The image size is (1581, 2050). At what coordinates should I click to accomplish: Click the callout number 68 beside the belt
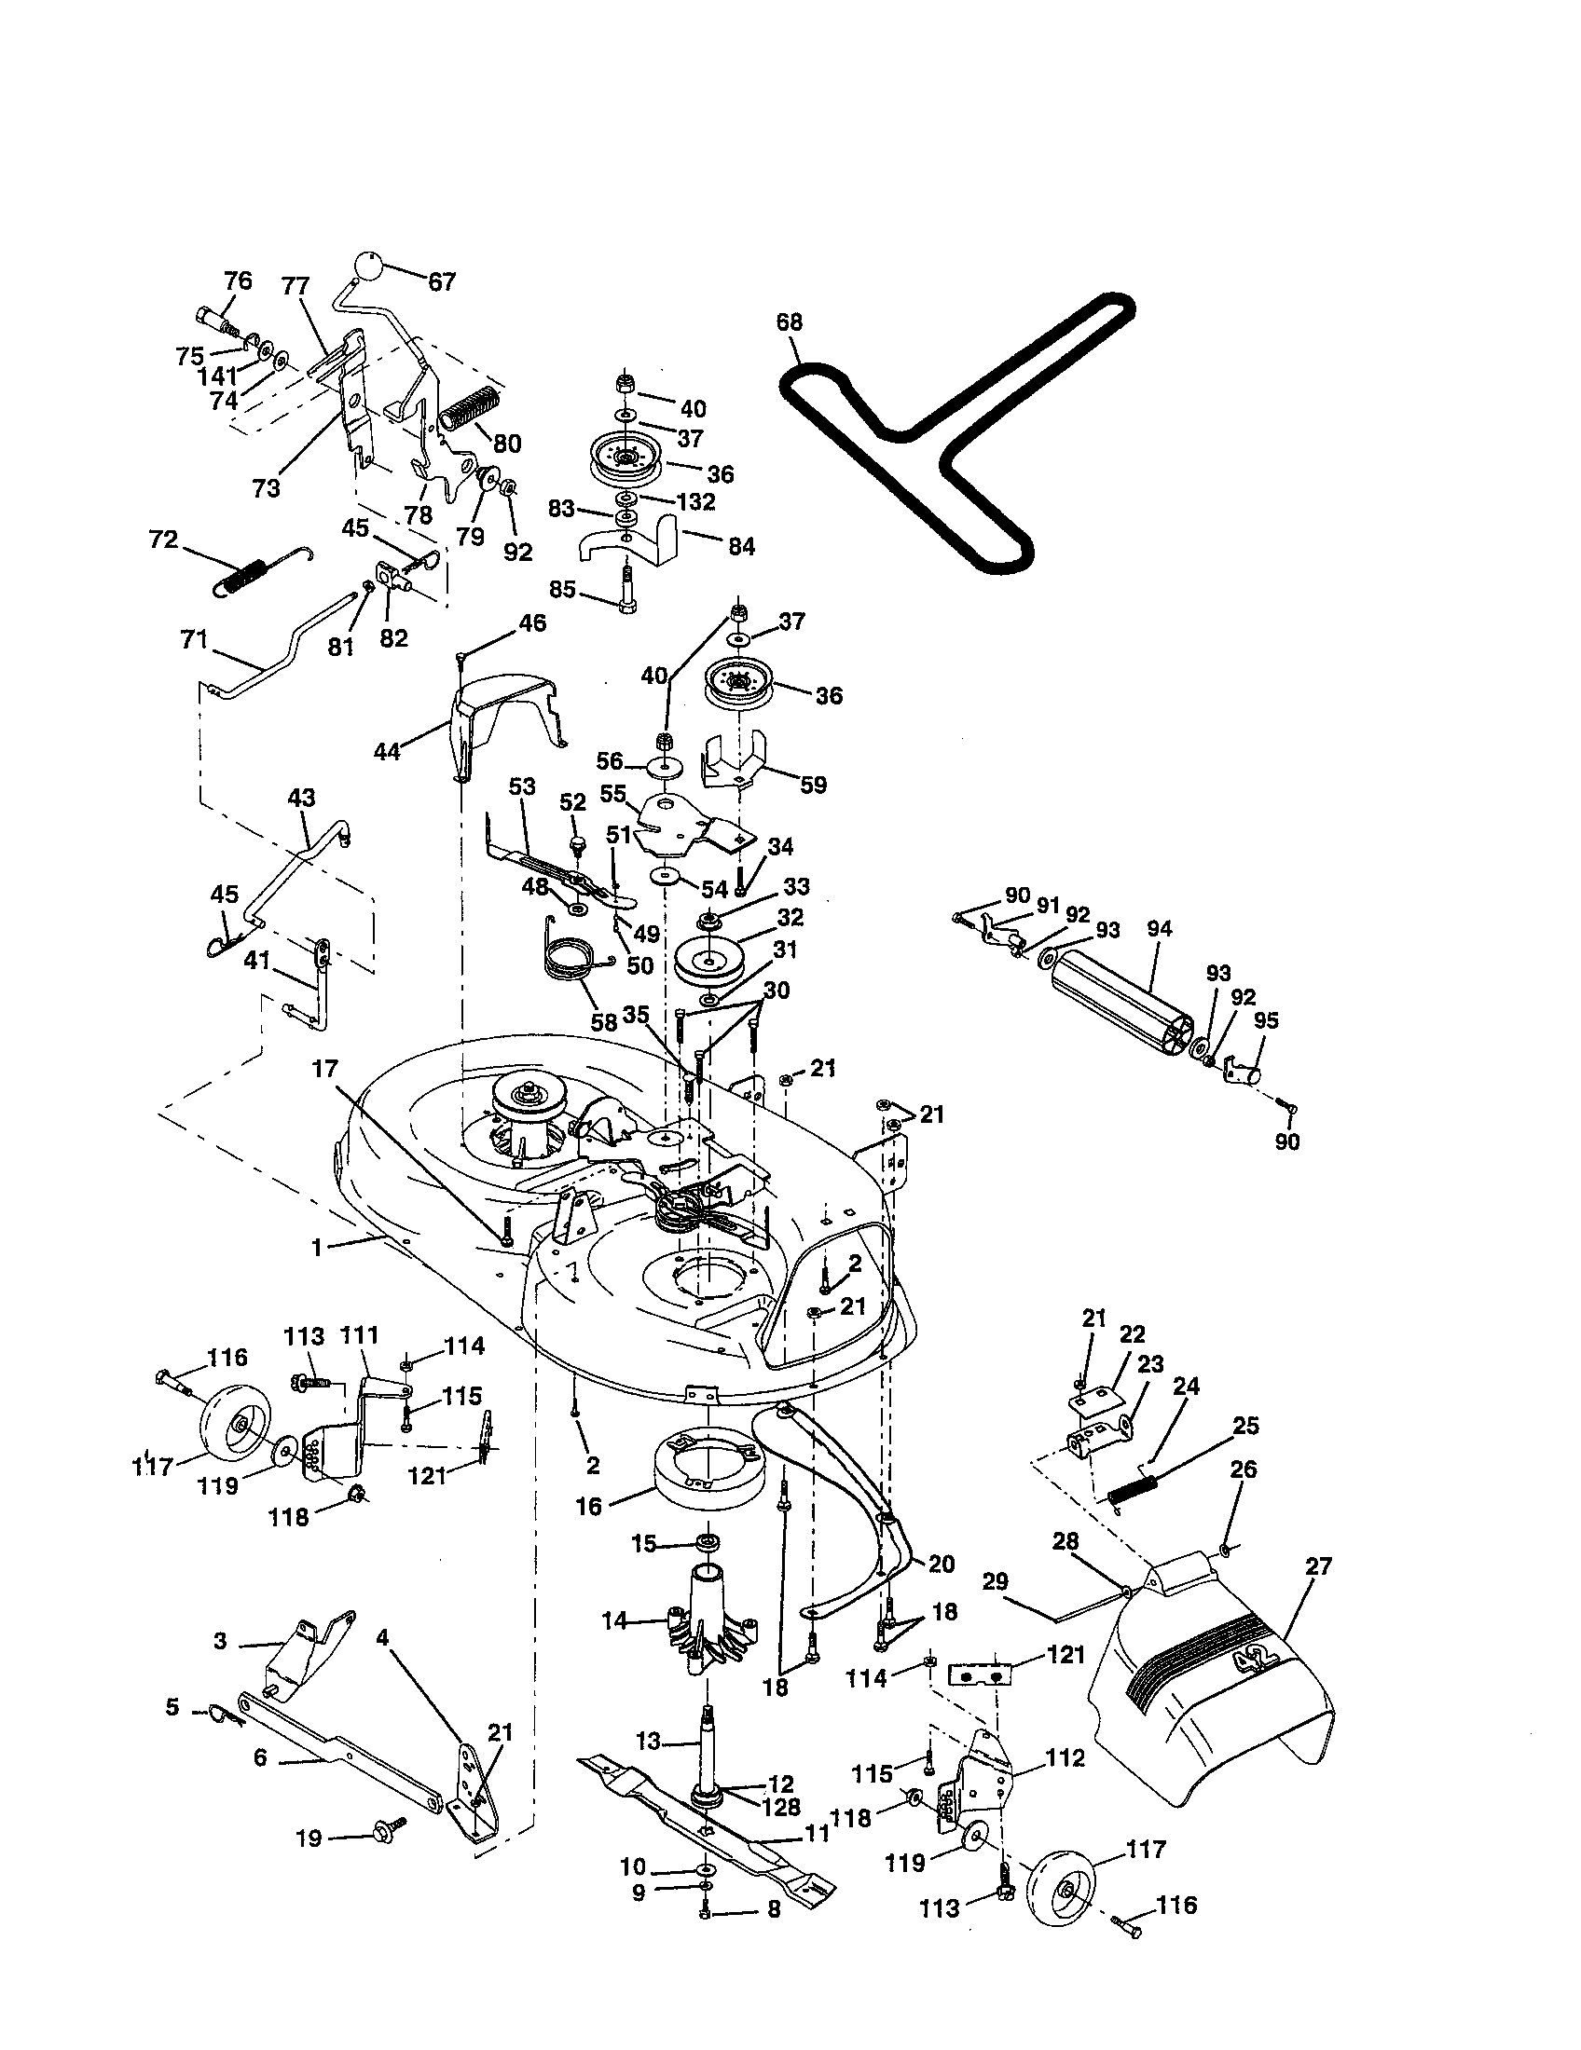pos(789,322)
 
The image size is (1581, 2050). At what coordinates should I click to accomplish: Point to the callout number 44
pos(387,751)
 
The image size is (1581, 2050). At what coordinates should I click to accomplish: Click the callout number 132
pos(695,502)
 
